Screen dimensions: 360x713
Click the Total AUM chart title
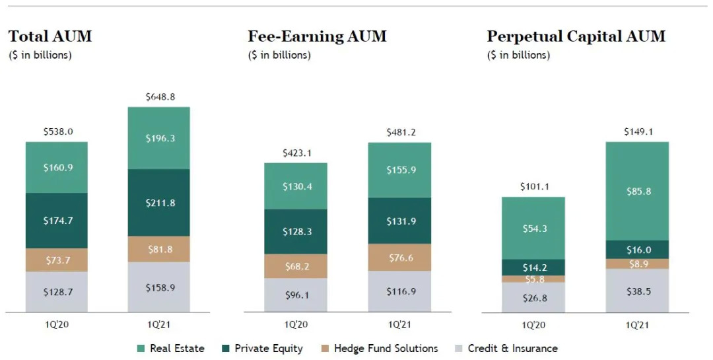click(50, 36)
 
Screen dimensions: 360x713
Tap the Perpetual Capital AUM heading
click(576, 36)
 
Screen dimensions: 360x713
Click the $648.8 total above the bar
click(158, 97)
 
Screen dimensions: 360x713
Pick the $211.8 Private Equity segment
click(158, 203)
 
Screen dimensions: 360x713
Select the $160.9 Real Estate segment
click(57, 167)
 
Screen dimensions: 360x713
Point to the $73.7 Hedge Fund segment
click(57, 260)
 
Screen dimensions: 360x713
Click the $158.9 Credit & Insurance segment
click(158, 287)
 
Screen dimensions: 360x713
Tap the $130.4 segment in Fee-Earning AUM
click(296, 186)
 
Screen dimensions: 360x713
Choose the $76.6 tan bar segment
click(399, 257)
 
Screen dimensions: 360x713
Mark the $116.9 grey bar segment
click(399, 291)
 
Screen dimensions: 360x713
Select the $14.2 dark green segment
click(533, 268)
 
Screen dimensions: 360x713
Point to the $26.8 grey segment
click(533, 297)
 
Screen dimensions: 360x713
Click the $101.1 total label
click(533, 187)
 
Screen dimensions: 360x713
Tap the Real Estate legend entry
click(170, 348)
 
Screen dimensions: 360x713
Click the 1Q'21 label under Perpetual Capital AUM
click(636, 325)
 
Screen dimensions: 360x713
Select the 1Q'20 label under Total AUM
click(57, 325)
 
